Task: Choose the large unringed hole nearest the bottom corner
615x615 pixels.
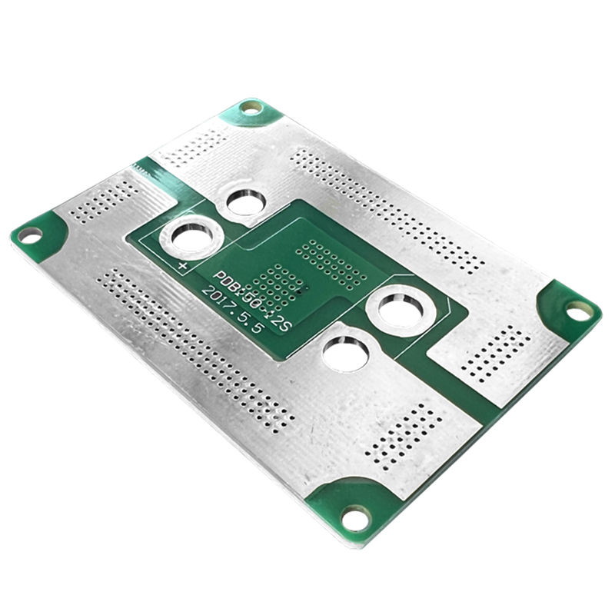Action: (x=347, y=354)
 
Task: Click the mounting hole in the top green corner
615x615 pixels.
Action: (x=251, y=108)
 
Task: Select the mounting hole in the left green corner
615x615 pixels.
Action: (x=29, y=234)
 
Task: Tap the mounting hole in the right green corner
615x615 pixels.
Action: (x=579, y=310)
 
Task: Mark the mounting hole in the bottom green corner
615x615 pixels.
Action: (x=355, y=517)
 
